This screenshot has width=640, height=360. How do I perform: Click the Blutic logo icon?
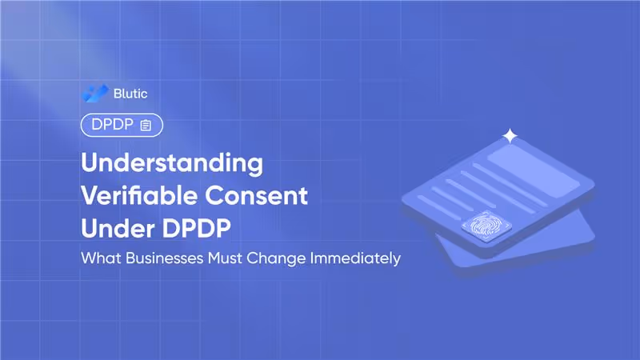click(x=94, y=93)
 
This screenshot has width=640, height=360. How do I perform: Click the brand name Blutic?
click(x=130, y=94)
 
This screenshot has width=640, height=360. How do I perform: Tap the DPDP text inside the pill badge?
click(x=111, y=125)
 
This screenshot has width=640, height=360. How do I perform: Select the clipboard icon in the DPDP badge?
click(x=146, y=125)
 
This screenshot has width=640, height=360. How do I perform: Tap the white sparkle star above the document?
click(x=510, y=136)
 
